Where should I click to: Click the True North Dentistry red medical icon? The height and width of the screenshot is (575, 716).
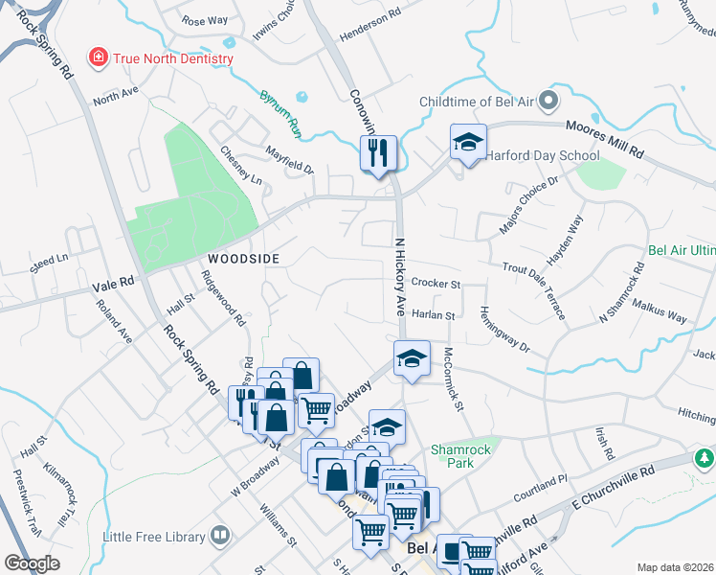[99, 58]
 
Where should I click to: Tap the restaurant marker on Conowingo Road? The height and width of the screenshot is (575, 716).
[378, 151]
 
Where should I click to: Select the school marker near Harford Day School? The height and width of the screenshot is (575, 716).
[468, 143]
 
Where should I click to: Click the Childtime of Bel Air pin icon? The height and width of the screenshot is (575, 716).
[548, 101]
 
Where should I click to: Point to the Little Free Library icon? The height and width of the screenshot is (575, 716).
[220, 535]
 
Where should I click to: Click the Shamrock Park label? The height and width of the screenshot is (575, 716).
[460, 456]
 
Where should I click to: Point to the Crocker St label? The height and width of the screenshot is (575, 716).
[436, 284]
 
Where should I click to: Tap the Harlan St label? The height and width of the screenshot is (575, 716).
[433, 314]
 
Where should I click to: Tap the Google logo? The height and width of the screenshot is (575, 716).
[33, 563]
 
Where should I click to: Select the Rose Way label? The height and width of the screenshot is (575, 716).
[205, 20]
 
